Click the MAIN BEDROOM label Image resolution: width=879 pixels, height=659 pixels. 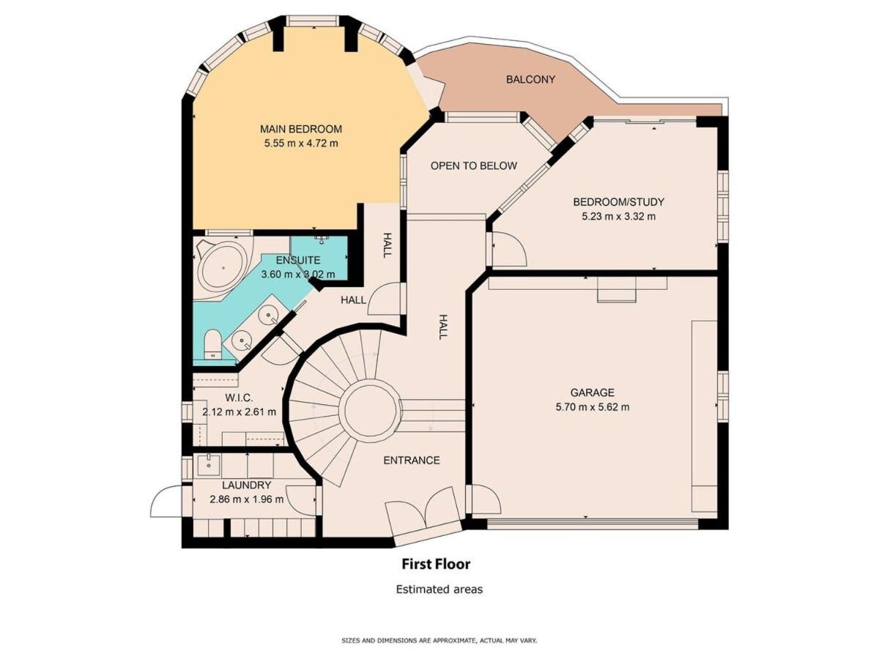click(301, 130)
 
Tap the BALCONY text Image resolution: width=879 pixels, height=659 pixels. click(530, 79)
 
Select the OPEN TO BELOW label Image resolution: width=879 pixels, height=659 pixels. click(474, 165)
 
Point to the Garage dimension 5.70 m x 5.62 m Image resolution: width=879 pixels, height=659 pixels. click(593, 407)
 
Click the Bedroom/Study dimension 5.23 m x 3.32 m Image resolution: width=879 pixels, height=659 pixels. click(618, 217)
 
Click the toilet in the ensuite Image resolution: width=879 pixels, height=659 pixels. click(212, 344)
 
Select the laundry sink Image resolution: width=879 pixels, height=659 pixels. click(209, 464)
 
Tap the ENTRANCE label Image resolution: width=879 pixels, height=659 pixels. click(411, 460)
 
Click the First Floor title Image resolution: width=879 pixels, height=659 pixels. click(436, 564)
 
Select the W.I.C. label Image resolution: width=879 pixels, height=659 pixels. click(239, 398)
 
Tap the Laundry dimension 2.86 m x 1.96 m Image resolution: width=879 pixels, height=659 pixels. click(247, 499)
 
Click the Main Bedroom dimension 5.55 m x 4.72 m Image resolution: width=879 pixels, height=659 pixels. click(301, 144)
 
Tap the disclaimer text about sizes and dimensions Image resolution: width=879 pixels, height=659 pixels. click(439, 641)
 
